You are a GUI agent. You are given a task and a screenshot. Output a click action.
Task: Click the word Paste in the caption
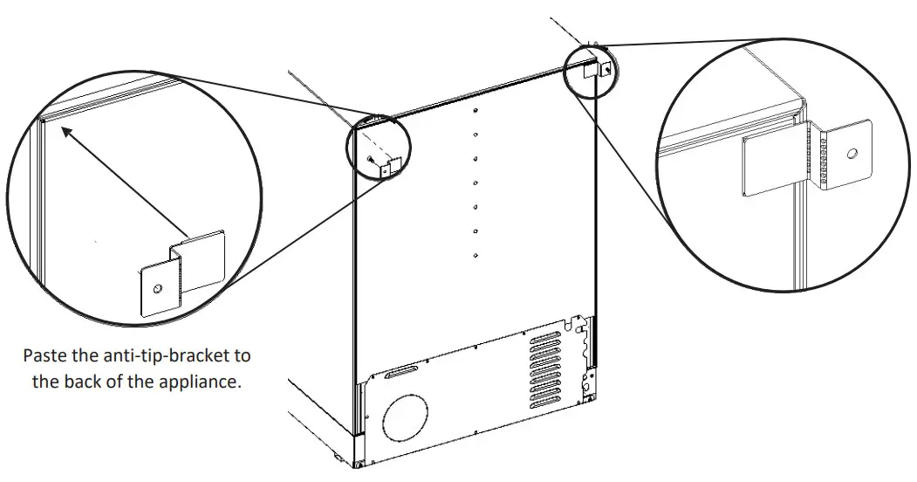click(x=45, y=356)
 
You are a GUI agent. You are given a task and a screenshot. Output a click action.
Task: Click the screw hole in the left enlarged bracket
click(x=156, y=288)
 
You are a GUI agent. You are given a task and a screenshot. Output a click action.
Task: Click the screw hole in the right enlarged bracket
click(x=852, y=155)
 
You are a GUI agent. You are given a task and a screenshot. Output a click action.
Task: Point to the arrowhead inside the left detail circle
click(x=65, y=132)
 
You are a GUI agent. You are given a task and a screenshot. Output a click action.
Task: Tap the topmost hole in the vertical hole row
click(x=475, y=111)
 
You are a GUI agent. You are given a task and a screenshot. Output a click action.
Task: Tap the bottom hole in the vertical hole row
click(x=474, y=255)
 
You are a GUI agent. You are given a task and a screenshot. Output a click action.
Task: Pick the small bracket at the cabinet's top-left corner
click(x=390, y=165)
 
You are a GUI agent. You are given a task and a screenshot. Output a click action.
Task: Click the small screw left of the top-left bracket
click(x=370, y=160)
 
